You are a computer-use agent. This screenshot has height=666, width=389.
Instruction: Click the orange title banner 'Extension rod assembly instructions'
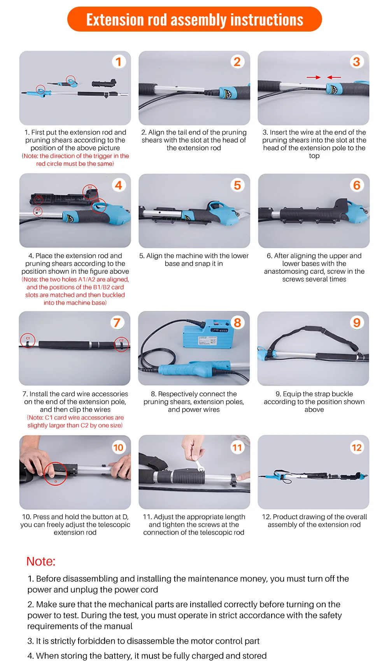click(x=194, y=19)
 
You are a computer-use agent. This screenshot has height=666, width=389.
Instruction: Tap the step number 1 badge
click(x=119, y=62)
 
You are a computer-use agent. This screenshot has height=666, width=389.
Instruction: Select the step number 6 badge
click(x=357, y=185)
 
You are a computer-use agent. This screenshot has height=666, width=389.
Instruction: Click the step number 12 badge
click(x=356, y=447)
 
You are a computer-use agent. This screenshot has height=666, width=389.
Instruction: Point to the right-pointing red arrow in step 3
click(x=314, y=77)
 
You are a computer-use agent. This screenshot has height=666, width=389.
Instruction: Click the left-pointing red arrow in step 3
click(x=334, y=77)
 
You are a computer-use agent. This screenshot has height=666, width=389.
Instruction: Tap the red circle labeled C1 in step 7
click(x=28, y=340)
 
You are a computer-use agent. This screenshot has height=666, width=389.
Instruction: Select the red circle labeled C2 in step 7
click(x=121, y=344)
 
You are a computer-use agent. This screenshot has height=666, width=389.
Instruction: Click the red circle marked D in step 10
click(x=56, y=474)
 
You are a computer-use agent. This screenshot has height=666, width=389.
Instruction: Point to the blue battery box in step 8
click(x=208, y=334)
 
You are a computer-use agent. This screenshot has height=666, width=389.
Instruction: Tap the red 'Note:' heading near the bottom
click(x=41, y=561)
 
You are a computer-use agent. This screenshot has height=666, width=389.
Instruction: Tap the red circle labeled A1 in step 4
click(x=38, y=210)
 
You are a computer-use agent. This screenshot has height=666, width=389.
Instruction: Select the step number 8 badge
click(x=237, y=323)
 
